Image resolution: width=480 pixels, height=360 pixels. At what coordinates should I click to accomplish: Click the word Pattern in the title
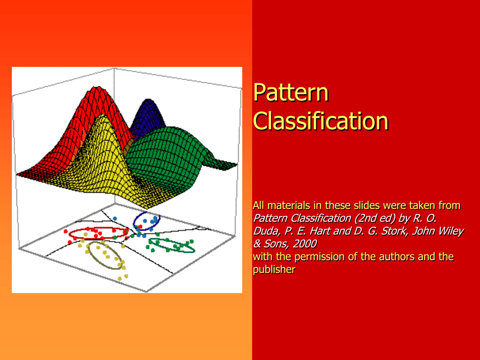[x=291, y=92]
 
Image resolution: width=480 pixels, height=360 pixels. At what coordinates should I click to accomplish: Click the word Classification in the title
[x=321, y=120]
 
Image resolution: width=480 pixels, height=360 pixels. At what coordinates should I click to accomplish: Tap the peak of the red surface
[x=96, y=88]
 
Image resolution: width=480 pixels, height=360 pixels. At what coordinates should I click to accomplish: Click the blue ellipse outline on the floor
[x=134, y=221]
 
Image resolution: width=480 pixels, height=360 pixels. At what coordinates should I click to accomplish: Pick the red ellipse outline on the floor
[x=98, y=229]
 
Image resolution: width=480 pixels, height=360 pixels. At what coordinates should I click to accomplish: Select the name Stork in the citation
[x=395, y=231]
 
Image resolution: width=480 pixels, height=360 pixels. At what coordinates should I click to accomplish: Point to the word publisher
[x=274, y=270]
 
